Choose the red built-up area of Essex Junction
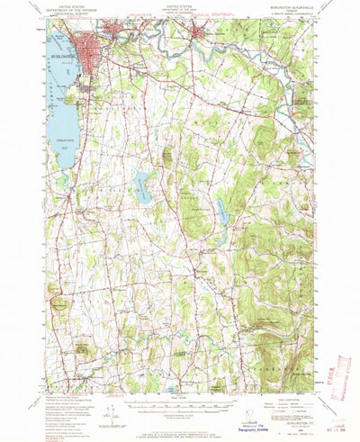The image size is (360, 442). click(201, 34)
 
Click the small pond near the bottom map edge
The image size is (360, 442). click(172, 391)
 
